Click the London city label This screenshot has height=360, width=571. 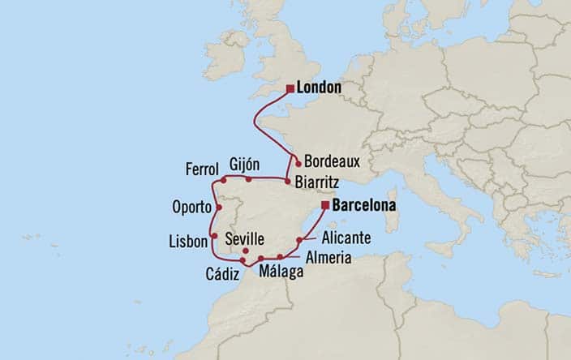click(x=320, y=88)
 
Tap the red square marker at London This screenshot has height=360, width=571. click(x=290, y=88)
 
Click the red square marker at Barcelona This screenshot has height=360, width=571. click(x=324, y=206)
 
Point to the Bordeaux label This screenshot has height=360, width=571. click(x=333, y=161)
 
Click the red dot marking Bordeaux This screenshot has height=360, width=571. click(x=298, y=163)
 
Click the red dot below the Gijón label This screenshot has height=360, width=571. click(x=248, y=178)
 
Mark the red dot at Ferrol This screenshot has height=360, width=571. click(x=223, y=179)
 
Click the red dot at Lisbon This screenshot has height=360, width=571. click(x=213, y=235)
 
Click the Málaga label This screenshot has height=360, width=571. click(x=280, y=274)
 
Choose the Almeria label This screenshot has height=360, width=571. click(x=328, y=258)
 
